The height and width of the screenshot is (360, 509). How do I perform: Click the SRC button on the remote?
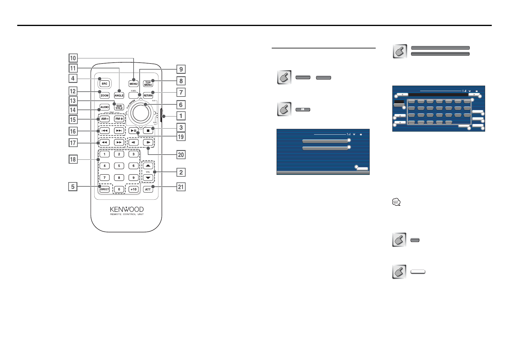pyautogui.click(x=104, y=83)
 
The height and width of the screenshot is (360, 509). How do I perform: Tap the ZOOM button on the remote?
pyautogui.click(x=104, y=95)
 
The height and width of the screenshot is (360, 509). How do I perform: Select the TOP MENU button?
pyautogui.click(x=148, y=83)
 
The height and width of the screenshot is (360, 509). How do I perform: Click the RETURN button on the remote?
pyautogui.click(x=148, y=95)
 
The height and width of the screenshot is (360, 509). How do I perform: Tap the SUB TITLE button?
pyautogui.click(x=119, y=107)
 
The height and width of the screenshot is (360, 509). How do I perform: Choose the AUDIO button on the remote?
pyautogui.click(x=104, y=107)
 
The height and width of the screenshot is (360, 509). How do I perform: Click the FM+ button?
pyautogui.click(x=119, y=119)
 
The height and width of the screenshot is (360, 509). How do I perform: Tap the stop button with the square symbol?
pyautogui.click(x=148, y=131)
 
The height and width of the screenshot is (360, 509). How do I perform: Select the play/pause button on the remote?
pyautogui.click(x=133, y=131)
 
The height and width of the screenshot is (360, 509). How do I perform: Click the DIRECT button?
pyautogui.click(x=104, y=189)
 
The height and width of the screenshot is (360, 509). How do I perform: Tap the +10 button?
pyautogui.click(x=133, y=189)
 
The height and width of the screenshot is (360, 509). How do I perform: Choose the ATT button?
pyautogui.click(x=148, y=189)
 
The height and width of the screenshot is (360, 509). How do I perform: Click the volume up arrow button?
pyautogui.click(x=148, y=166)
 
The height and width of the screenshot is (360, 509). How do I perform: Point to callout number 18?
pyautogui.click(x=73, y=159)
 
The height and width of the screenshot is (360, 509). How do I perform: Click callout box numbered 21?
pyautogui.click(x=181, y=187)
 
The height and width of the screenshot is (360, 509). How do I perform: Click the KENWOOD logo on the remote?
pyautogui.click(x=127, y=209)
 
